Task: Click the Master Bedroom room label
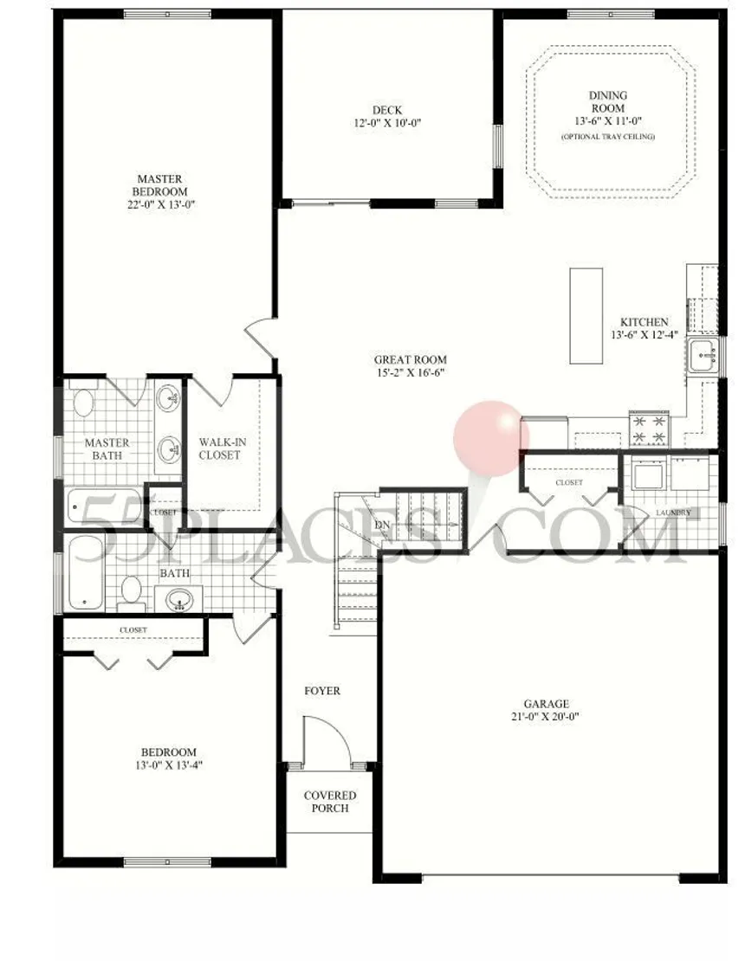tap(159, 185)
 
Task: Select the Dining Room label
tap(607, 101)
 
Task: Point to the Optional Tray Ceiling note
tap(607, 138)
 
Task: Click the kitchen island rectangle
tap(585, 316)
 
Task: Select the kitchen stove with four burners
tap(649, 427)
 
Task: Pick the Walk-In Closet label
tap(223, 448)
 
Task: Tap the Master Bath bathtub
tap(104, 507)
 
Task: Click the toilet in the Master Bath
tap(84, 403)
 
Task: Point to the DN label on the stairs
tap(381, 525)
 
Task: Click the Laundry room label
tap(673, 513)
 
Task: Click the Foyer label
tap(322, 691)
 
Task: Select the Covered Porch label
tap(329, 802)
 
